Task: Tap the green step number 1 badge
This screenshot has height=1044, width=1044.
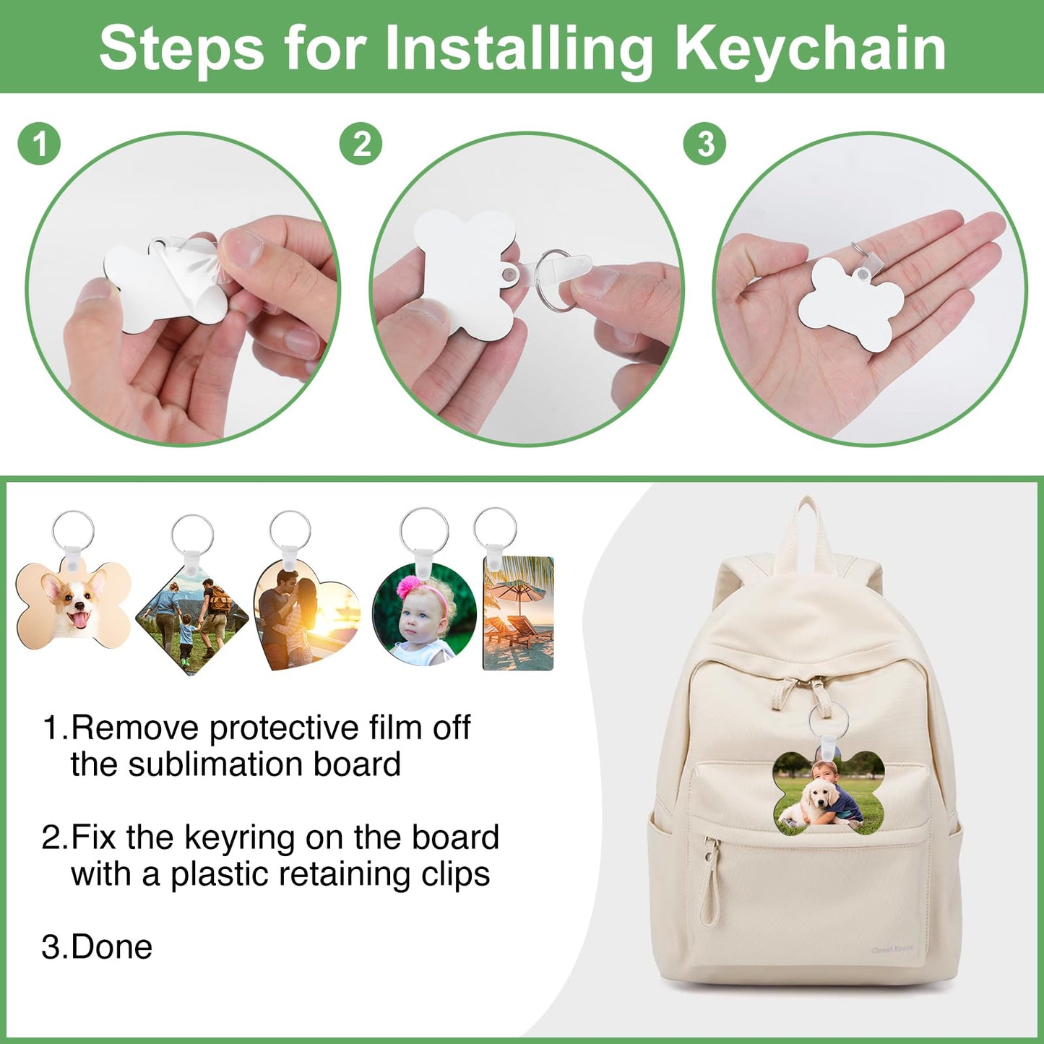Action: pos(39,143)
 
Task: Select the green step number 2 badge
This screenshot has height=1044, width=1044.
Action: pos(361,143)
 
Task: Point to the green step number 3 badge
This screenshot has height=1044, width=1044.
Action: pos(704,143)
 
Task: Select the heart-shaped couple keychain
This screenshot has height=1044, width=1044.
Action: pos(305,614)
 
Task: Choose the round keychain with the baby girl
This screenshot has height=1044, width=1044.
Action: pos(424,614)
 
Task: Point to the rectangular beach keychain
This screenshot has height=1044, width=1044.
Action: pos(518,614)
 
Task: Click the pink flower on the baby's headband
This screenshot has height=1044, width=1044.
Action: pos(408,586)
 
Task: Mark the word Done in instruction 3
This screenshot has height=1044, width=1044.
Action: pos(112,947)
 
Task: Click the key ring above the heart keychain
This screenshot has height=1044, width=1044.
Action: pos(290,530)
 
